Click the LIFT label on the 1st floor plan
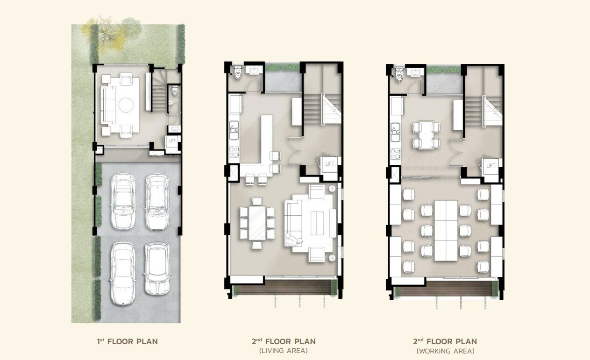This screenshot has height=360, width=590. [172, 141]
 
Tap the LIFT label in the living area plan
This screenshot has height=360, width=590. [329, 164]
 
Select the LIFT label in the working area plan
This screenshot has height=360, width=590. [490, 166]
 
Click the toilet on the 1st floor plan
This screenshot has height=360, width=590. [175, 91]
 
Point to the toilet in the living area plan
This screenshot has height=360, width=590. [238, 73]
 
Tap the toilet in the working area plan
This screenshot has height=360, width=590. [399, 75]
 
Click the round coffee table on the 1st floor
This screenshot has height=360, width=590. [126, 105]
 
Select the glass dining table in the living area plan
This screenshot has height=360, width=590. [257, 223]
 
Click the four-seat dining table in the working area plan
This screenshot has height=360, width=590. [426, 135]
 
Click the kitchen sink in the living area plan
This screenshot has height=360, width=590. [234, 130]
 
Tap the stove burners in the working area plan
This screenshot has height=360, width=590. [395, 155]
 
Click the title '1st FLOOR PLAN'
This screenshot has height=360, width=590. [128, 342]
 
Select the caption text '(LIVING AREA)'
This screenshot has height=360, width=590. [284, 351]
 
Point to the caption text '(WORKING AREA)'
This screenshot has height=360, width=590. [445, 351]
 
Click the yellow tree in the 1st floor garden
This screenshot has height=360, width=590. [106, 34]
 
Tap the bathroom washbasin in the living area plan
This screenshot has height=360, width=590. [254, 70]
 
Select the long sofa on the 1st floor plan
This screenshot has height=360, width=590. [108, 105]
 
